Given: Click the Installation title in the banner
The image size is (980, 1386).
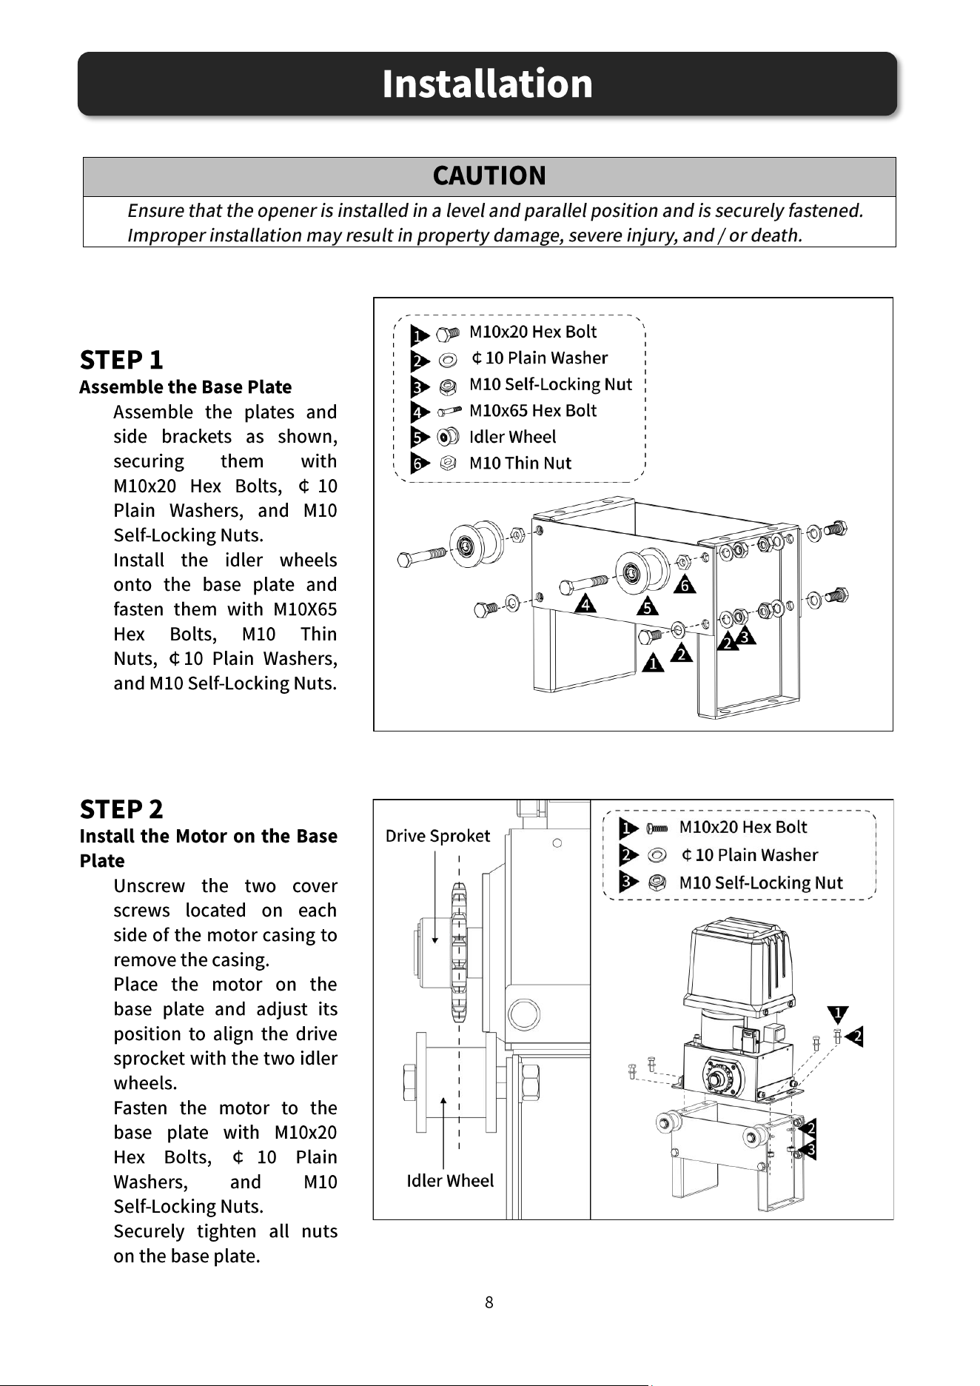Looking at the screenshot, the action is tap(487, 83).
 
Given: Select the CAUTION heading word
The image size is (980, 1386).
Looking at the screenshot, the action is tap(489, 175).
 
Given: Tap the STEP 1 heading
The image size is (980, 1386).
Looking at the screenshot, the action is tap(121, 360).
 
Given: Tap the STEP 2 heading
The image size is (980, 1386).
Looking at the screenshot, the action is tap(121, 809).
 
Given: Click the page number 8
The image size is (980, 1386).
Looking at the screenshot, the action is tap(489, 1302).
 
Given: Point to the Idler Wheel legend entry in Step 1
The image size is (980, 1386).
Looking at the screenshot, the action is tap(512, 437).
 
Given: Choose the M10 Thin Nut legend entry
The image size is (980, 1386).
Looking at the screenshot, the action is tap(520, 463).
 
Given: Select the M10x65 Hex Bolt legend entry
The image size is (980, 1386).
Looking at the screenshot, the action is tap(533, 410).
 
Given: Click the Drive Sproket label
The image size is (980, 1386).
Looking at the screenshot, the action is tap(437, 836).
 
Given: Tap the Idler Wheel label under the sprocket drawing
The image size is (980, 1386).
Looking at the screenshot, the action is tap(450, 1180).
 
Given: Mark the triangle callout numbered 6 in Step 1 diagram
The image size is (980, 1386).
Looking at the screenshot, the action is tap(685, 584).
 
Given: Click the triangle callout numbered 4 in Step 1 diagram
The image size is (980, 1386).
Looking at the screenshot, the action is tap(586, 603).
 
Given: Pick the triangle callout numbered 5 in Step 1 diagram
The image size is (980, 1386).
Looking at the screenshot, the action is tap(648, 606).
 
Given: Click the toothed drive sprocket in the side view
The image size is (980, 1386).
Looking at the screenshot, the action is tap(459, 953).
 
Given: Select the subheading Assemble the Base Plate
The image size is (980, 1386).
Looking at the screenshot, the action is tap(186, 387).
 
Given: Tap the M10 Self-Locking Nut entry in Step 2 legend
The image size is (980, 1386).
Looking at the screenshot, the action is tap(761, 883).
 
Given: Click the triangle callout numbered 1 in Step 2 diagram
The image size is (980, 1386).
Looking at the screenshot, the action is tap(837, 1014).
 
